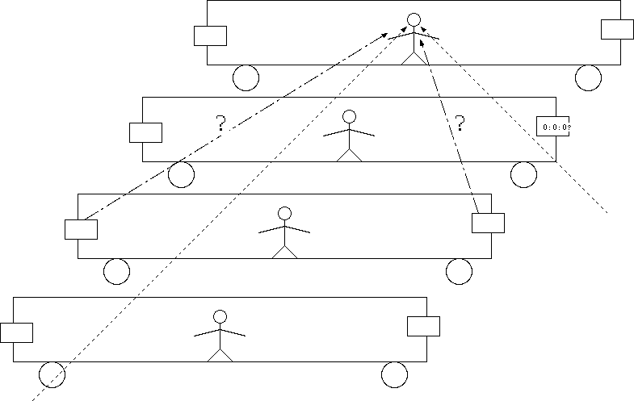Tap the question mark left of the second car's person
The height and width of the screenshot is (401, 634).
(220, 123)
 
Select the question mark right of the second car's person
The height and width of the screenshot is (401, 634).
(460, 123)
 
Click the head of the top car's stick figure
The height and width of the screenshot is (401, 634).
(414, 19)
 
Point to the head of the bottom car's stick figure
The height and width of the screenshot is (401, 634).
(220, 317)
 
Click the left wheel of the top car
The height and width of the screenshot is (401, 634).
(246, 77)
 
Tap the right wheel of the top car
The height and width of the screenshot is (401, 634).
(588, 77)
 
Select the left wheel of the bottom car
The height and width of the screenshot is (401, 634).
(52, 375)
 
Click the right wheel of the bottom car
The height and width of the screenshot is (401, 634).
(394, 375)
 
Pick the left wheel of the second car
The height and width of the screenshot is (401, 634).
(181, 174)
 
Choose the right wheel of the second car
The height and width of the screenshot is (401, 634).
(523, 174)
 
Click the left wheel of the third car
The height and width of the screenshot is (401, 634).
(116, 271)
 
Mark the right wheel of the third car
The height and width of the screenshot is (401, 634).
(459, 271)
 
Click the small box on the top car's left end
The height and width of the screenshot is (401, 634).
(210, 36)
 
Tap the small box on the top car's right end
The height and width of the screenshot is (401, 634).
(617, 28)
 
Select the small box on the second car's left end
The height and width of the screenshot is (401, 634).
(146, 132)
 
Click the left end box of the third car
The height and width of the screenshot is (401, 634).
(81, 229)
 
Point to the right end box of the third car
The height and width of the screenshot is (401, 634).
(488, 223)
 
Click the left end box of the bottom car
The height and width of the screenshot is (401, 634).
(16, 332)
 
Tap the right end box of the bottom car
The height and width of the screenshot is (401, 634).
(423, 326)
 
